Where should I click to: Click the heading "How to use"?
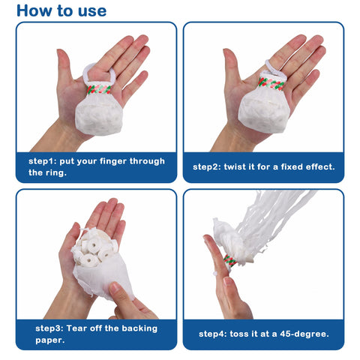coord(61,10)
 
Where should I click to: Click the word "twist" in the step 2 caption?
coord(245,166)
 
